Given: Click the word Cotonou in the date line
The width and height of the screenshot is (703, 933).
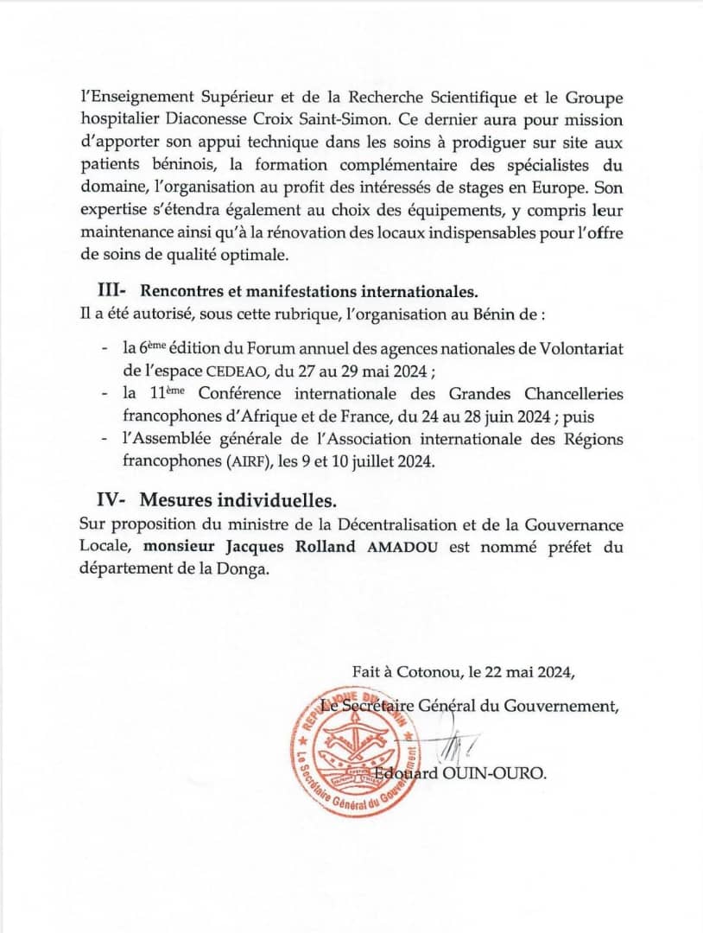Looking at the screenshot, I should (x=425, y=671).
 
